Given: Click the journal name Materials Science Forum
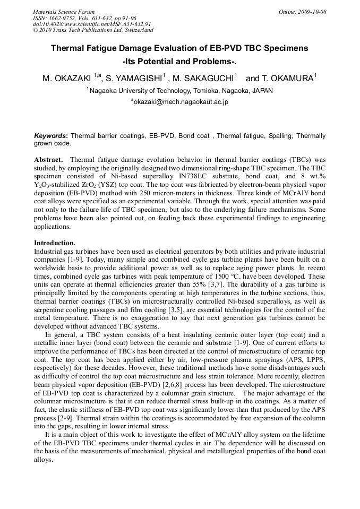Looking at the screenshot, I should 64,12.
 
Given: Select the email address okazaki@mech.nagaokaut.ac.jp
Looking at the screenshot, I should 181,101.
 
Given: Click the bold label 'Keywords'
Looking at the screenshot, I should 50,136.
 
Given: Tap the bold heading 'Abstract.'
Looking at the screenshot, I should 49,159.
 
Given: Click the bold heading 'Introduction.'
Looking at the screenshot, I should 55,243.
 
